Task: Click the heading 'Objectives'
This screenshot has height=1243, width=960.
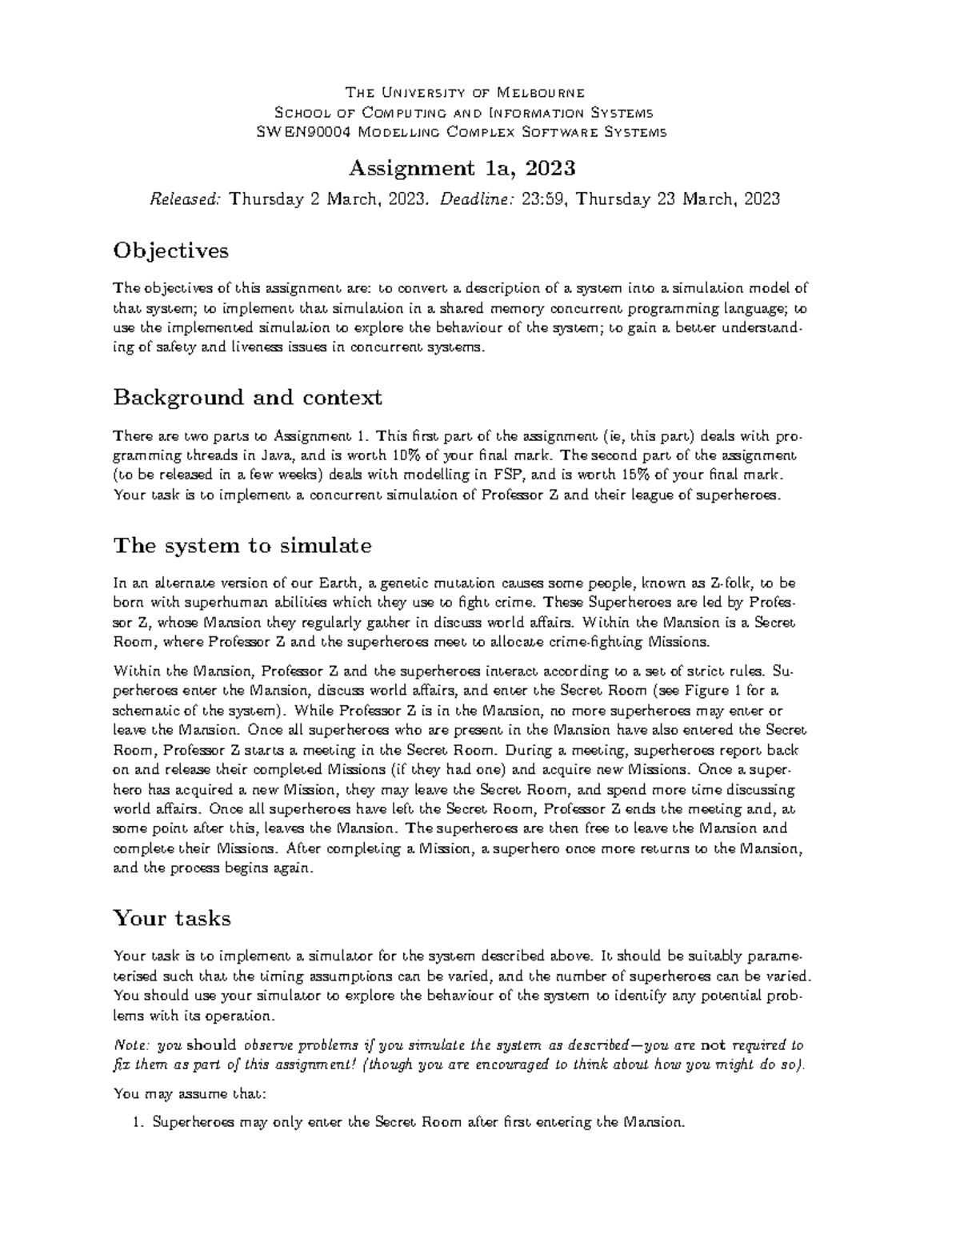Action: pos(170,251)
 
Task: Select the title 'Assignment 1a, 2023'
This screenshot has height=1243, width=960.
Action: pos(462,168)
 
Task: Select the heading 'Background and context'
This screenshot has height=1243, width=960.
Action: pos(247,397)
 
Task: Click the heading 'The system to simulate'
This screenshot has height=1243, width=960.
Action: pos(242,546)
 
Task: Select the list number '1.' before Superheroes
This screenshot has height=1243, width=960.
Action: pos(137,1123)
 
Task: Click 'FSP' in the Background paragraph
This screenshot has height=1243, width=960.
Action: pos(513,475)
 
